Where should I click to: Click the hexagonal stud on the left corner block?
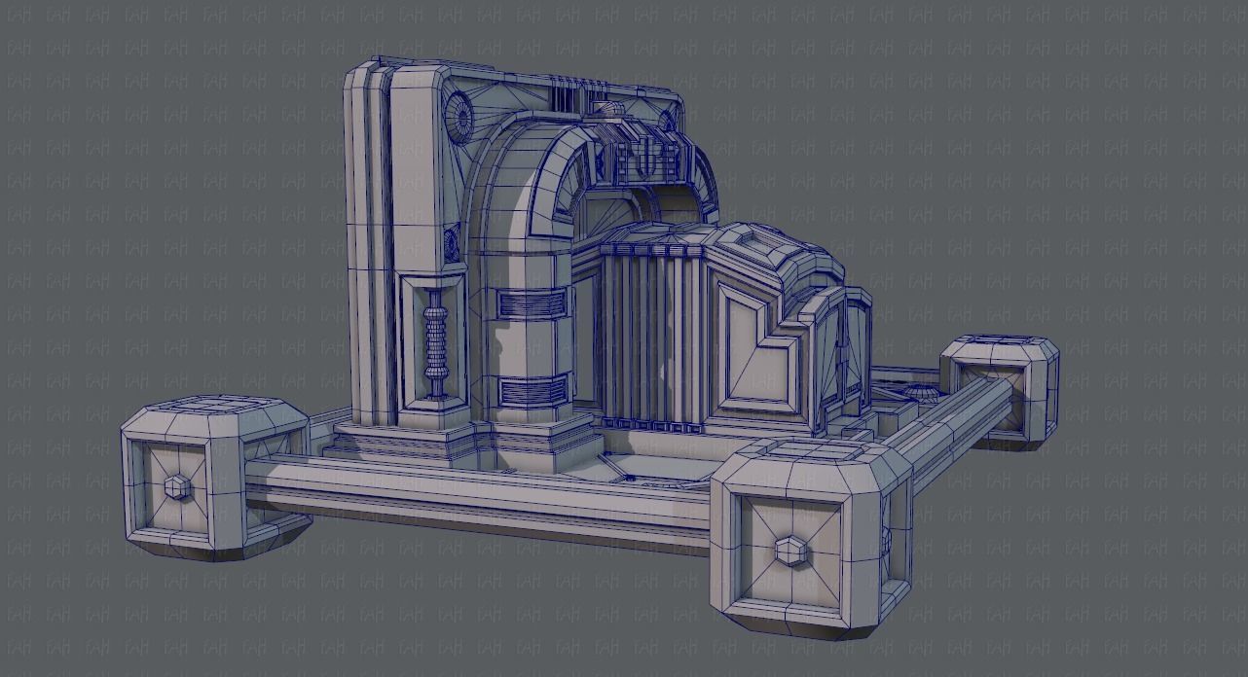[x=175, y=486]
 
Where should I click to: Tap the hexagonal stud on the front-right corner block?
[x=789, y=551]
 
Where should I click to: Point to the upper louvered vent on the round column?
[x=532, y=304]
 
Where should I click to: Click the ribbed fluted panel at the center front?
[x=647, y=331]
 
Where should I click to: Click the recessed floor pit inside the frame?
[x=662, y=467]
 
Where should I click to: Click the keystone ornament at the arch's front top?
[x=642, y=160]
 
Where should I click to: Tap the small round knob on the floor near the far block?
[x=919, y=390]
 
